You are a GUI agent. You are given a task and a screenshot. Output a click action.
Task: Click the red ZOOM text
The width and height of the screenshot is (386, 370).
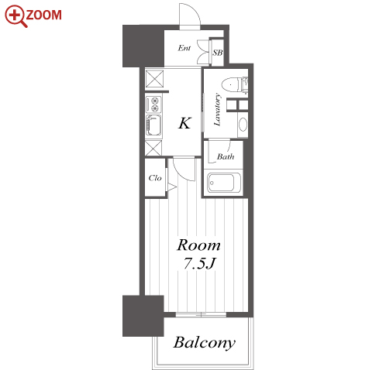(44, 15)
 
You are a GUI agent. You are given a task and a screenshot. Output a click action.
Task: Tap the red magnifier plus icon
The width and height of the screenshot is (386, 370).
(16, 16)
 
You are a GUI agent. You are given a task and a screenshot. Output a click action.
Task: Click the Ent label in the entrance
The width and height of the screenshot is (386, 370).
(184, 48)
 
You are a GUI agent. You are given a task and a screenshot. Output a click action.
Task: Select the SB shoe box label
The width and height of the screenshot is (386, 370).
(218, 53)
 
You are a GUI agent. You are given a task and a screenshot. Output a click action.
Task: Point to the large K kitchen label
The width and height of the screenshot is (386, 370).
(184, 123)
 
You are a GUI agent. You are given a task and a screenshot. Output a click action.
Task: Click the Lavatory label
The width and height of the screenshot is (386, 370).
(217, 110)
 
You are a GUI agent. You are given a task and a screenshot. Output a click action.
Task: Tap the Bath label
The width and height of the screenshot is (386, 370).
(226, 156)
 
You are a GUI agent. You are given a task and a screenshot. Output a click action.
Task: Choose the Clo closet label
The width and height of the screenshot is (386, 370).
(155, 178)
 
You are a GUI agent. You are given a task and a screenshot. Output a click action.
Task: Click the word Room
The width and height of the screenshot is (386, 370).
(198, 245)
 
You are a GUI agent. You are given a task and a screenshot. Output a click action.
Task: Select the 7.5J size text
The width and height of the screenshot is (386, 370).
(199, 264)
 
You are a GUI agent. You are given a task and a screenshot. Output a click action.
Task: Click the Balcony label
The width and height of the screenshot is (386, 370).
(204, 343)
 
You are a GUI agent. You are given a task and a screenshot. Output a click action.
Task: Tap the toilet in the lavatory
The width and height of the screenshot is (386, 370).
(235, 84)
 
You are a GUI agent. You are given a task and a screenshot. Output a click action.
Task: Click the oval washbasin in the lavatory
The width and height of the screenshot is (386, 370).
(243, 125)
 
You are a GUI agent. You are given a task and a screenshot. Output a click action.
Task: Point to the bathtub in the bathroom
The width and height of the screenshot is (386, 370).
(224, 183)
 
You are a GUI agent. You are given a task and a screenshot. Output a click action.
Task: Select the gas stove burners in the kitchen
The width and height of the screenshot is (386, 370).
(153, 104)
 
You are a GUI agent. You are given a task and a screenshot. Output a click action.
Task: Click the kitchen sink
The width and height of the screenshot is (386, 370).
(153, 125)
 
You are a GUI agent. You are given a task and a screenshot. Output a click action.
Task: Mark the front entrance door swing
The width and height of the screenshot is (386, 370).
(190, 15)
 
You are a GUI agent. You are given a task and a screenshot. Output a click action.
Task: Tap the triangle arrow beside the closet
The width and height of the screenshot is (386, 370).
(172, 187)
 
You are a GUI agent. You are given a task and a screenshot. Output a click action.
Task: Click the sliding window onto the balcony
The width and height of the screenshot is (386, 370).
(201, 314)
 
